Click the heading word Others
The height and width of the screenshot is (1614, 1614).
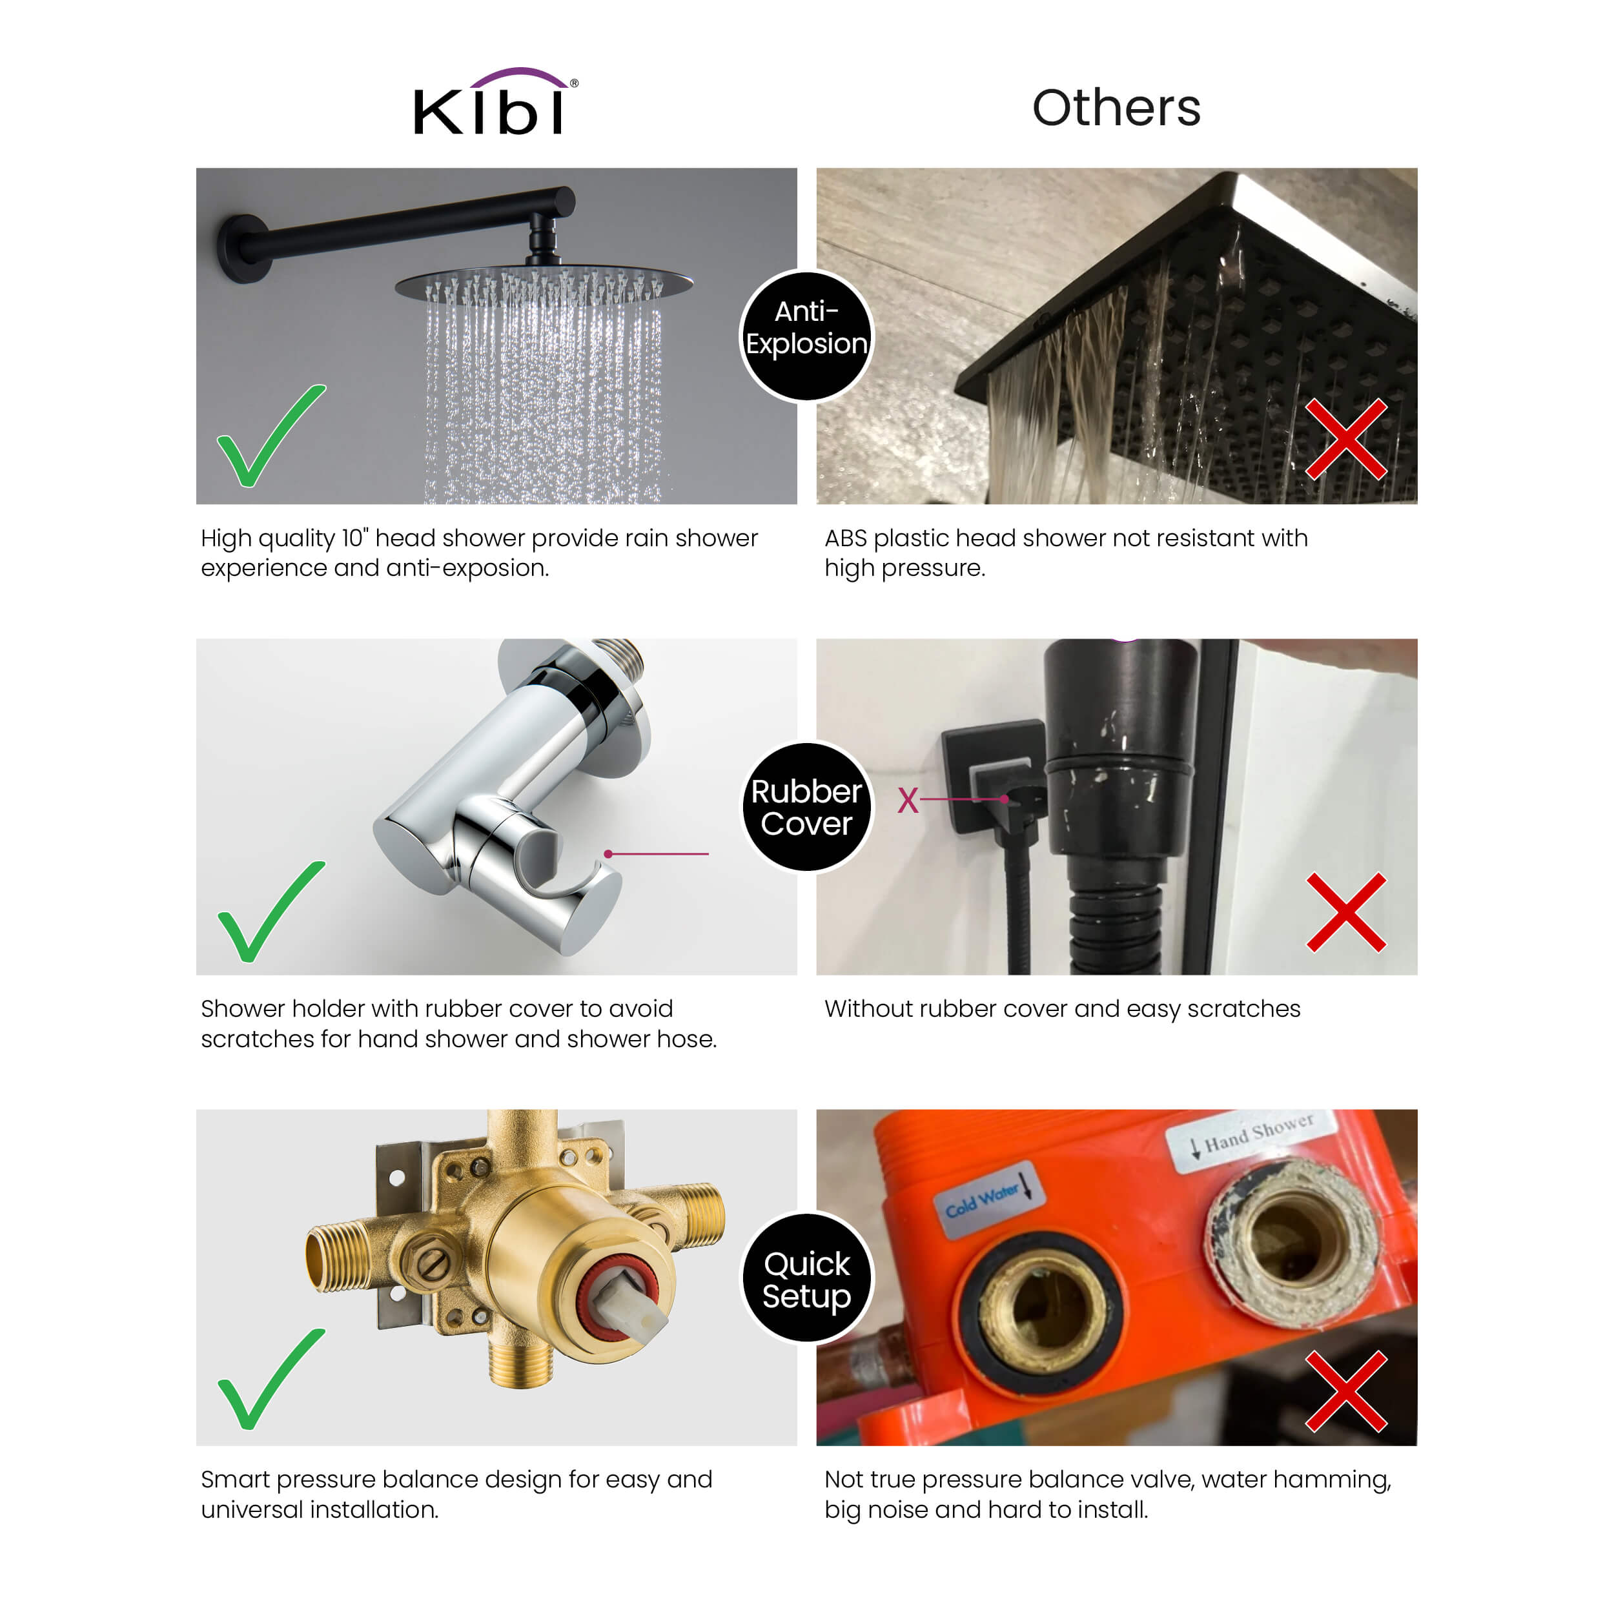tap(1116, 108)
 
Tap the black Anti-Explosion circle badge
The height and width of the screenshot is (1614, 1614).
tap(806, 336)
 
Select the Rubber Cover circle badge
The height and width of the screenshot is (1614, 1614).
tap(806, 807)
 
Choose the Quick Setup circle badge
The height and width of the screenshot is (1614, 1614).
tap(806, 1278)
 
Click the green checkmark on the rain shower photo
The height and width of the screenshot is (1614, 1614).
tap(269, 436)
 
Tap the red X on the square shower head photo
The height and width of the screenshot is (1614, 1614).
tap(1346, 438)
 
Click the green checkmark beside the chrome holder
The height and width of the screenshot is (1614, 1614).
tap(269, 912)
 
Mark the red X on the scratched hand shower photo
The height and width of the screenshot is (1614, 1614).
tap(1346, 913)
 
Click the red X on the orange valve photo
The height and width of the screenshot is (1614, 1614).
tap(1346, 1391)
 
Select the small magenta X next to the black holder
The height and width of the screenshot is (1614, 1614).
tap(908, 801)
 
